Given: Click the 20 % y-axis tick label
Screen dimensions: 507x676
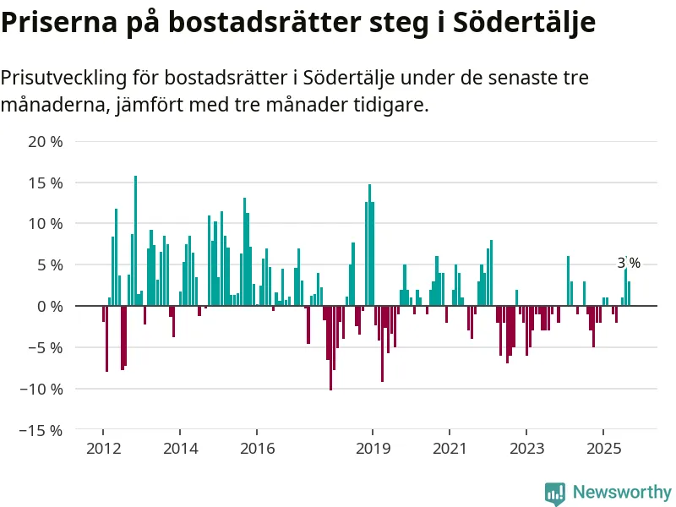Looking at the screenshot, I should (46, 141).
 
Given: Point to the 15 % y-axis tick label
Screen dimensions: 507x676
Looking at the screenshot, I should (46, 183).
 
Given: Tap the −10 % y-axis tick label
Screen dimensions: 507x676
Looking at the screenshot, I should (41, 389).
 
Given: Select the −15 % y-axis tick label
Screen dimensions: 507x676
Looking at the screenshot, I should (41, 430).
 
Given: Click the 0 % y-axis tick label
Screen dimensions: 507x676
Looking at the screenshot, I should (49, 306).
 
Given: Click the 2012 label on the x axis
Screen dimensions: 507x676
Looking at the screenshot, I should (102, 448).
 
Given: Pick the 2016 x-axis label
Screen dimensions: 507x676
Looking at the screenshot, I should (258, 448).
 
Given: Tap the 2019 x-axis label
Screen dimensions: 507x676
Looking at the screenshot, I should (373, 448).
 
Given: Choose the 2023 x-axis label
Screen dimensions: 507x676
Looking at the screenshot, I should (527, 448).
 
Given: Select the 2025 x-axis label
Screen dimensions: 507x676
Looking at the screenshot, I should (604, 448).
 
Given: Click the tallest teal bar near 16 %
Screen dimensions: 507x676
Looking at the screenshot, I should (135, 241).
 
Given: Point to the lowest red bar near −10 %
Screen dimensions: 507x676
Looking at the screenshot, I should (330, 347).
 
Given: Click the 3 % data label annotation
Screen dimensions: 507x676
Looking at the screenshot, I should (629, 263).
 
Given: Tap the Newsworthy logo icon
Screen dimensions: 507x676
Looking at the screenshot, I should (554, 493).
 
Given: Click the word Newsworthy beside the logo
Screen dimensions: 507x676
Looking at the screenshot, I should (621, 492).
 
